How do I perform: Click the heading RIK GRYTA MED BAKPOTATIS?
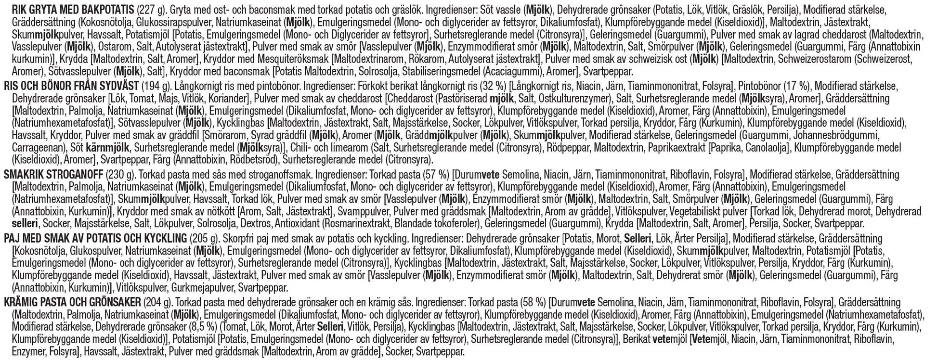(x=67, y=9)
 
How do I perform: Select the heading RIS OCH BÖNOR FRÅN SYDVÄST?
(x=70, y=87)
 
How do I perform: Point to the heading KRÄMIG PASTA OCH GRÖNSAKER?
(x=72, y=302)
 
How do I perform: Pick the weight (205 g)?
(x=205, y=238)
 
